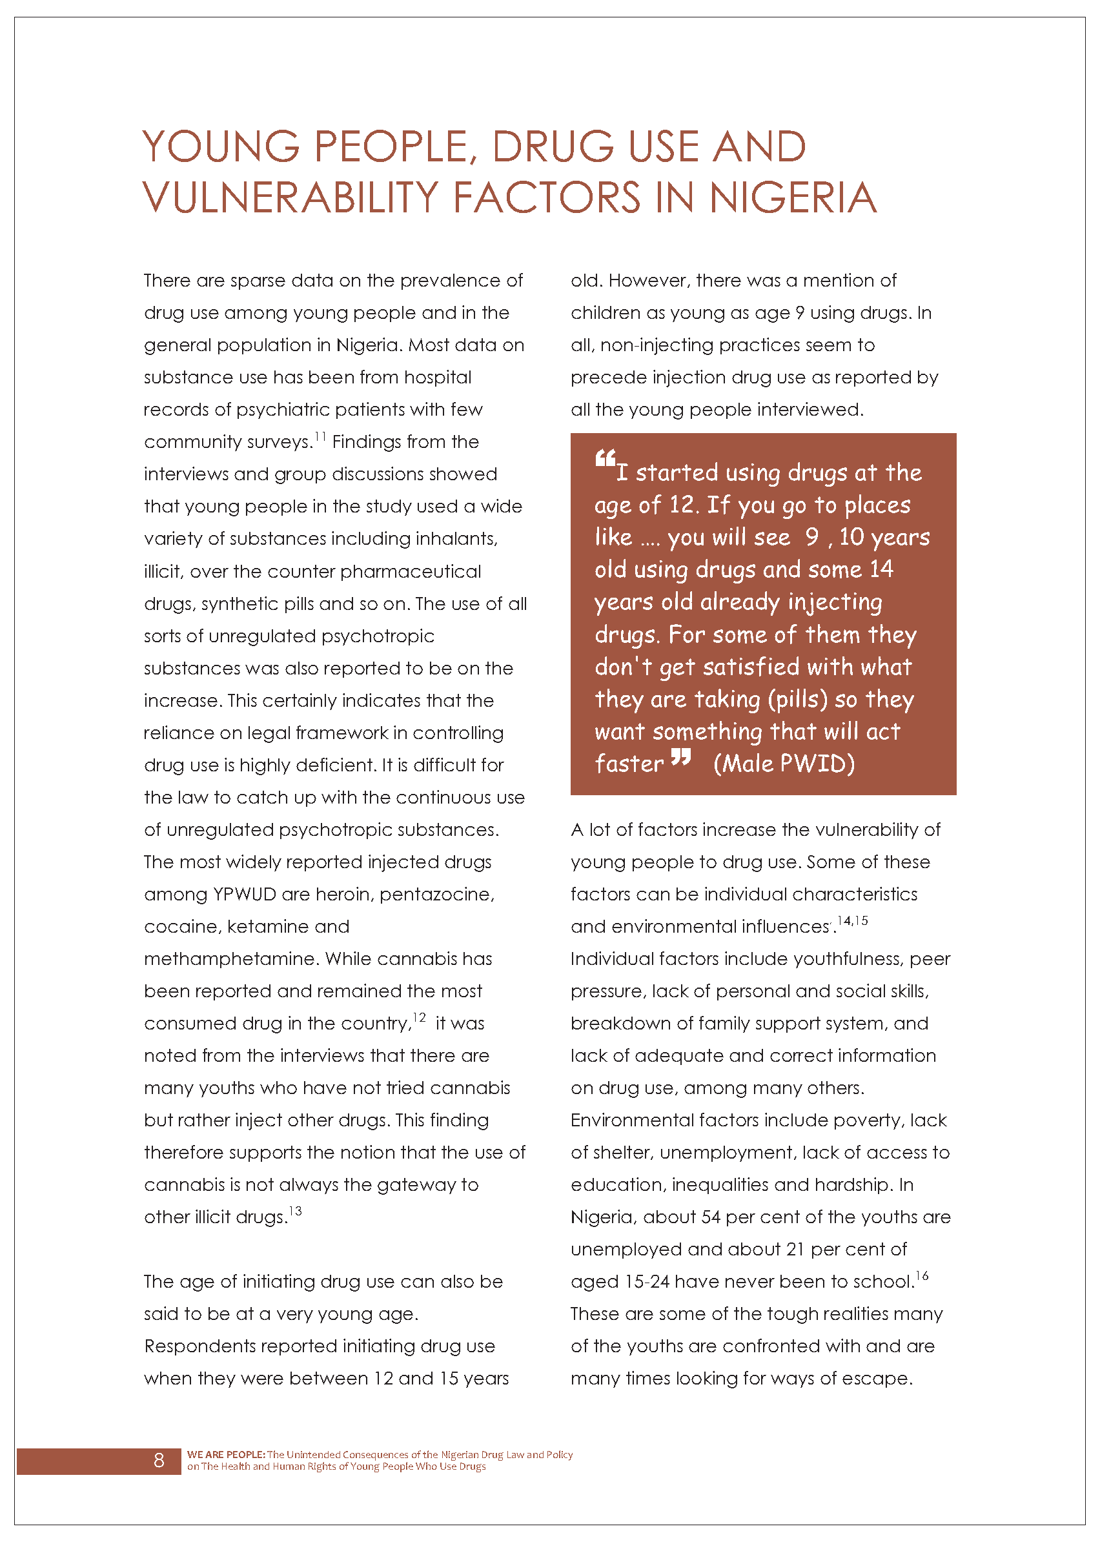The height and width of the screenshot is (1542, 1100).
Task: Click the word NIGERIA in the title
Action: click(x=793, y=198)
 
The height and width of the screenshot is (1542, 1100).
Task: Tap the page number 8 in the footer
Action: click(x=159, y=1460)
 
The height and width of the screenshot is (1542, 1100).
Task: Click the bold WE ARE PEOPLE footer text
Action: click(x=225, y=1454)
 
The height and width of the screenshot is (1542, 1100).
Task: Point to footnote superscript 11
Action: click(x=320, y=436)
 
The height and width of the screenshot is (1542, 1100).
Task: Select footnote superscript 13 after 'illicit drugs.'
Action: click(x=295, y=1211)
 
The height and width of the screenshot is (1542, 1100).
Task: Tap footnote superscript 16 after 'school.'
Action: click(x=922, y=1276)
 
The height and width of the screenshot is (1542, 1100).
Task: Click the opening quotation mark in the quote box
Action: click(x=605, y=459)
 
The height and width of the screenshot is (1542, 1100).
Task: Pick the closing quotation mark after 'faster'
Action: click(x=681, y=757)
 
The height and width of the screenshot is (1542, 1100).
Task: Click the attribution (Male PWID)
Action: click(x=784, y=764)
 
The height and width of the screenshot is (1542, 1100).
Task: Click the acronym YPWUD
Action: click(x=245, y=895)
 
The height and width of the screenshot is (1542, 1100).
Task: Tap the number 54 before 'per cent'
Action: click(x=711, y=1217)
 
